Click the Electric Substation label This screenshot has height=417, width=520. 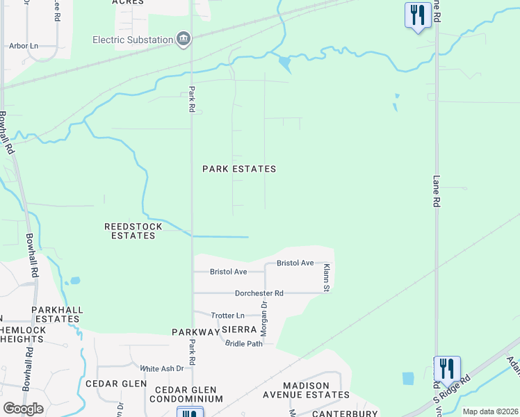point(133,40)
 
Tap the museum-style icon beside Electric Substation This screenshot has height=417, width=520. point(184,40)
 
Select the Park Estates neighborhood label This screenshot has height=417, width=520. point(239,169)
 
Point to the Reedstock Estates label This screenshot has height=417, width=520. point(133,231)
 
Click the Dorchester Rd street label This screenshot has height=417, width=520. point(259,293)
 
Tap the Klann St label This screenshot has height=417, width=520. point(325,276)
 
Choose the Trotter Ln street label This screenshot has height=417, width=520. point(228,316)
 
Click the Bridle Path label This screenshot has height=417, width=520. point(245,343)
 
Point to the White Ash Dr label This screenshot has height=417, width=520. point(161,368)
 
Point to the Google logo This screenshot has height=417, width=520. point(23,408)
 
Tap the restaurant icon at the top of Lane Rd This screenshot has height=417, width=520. point(416,15)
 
